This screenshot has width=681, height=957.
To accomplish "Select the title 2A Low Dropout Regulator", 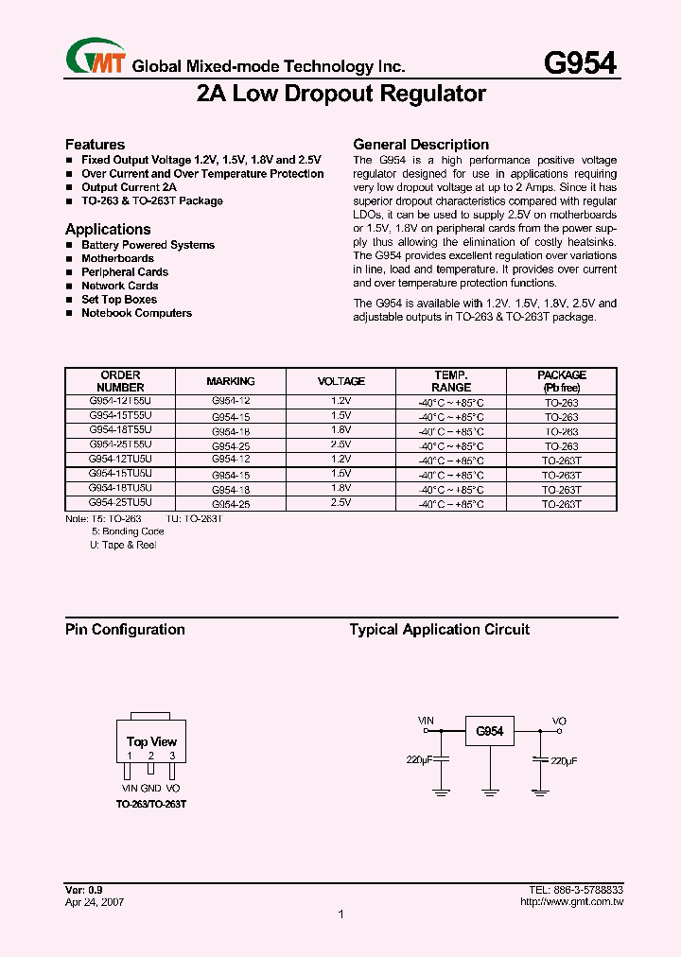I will (340, 94).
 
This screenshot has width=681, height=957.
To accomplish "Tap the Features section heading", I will (95, 145).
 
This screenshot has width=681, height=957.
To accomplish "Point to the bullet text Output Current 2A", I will (129, 187).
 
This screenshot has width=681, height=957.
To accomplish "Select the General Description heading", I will (421, 145).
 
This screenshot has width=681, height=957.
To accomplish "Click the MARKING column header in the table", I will (231, 381).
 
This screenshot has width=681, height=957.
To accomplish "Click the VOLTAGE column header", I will (340, 381).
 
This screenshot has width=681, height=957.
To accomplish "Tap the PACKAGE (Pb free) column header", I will (562, 381).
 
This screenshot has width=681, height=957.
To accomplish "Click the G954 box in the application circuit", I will (489, 732).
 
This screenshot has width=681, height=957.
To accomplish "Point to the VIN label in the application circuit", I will (427, 721).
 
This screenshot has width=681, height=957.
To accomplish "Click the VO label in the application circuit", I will (560, 721).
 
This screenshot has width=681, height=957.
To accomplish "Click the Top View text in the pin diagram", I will (151, 741).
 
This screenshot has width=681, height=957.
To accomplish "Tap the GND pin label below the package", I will (151, 789).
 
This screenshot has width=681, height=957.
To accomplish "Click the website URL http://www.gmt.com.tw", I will (571, 902).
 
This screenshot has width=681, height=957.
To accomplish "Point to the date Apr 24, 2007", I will (95, 902).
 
